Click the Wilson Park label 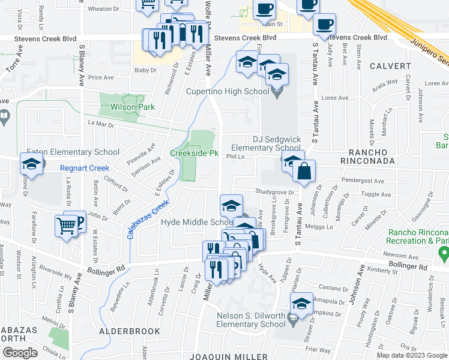[132, 107]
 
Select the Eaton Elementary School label [68, 152]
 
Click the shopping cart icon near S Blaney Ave [66, 226]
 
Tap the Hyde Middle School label [196, 223]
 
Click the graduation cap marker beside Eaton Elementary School [31, 163]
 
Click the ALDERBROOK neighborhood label [129, 331]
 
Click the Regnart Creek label [85, 168]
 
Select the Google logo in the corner [20, 353]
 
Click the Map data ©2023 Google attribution [411, 355]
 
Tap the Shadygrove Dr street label [274, 193]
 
